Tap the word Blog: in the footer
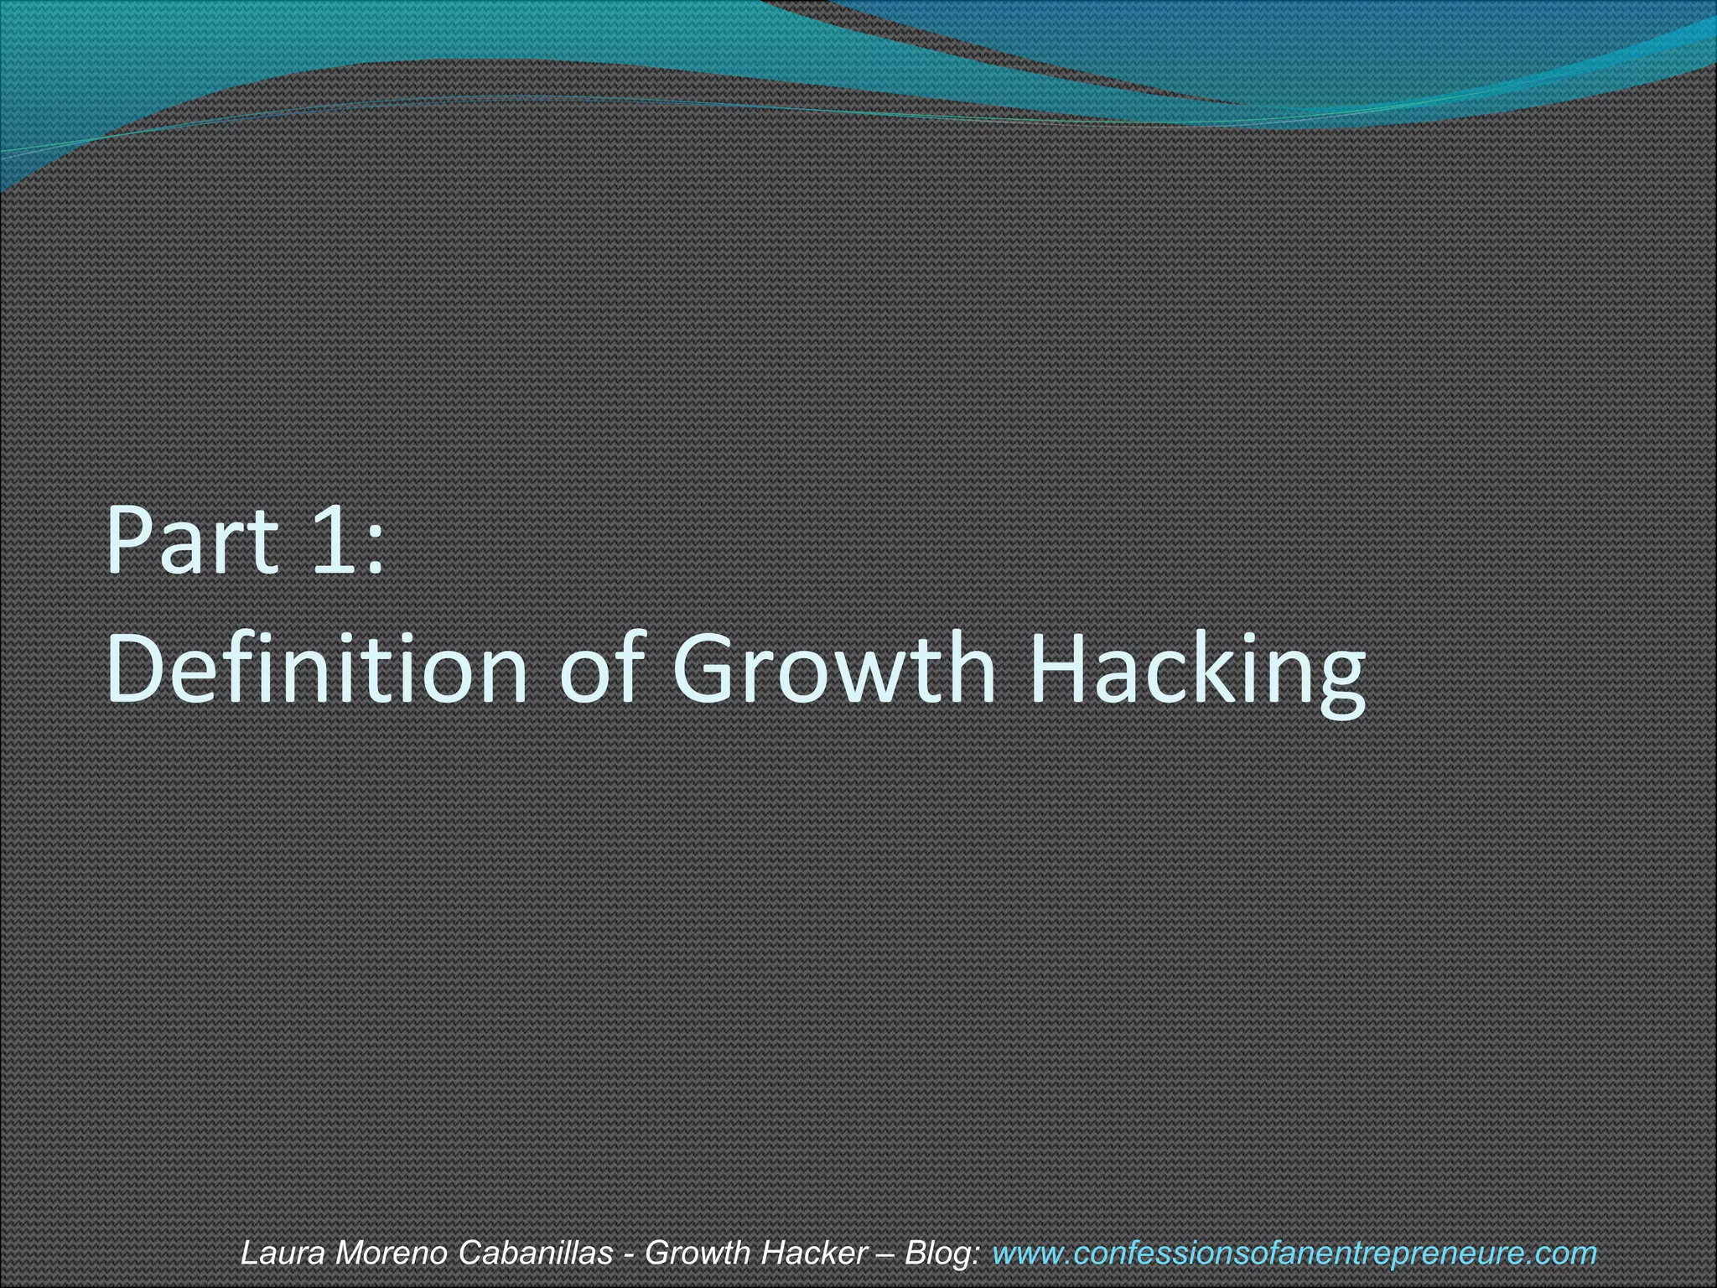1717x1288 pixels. (x=942, y=1253)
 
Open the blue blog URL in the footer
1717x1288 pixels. (x=1294, y=1253)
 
